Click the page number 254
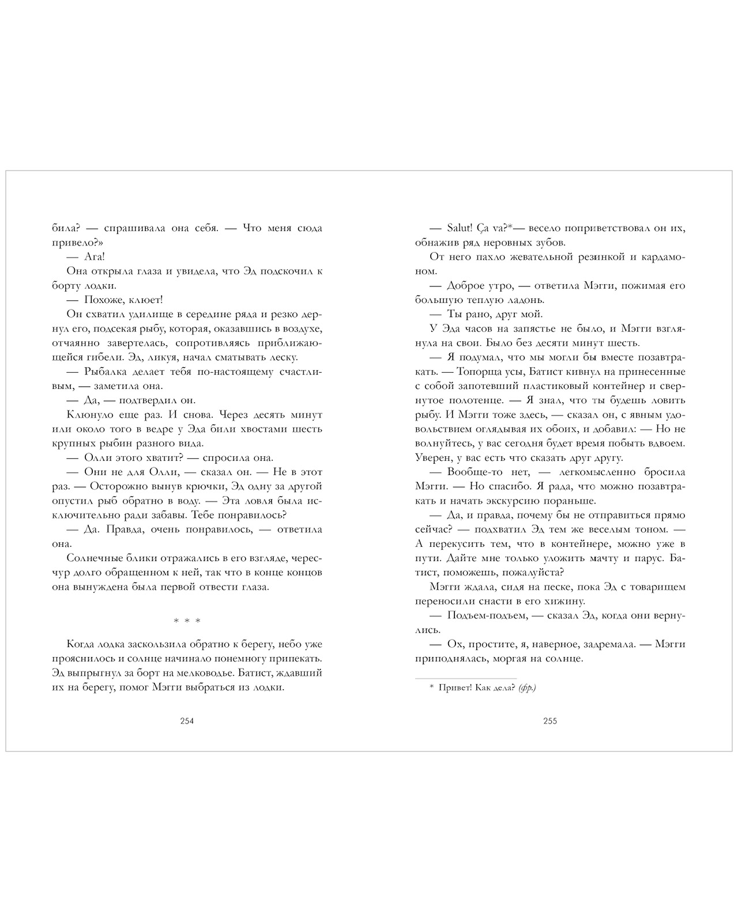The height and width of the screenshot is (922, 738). tap(187, 721)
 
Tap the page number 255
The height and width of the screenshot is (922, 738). tap(550, 721)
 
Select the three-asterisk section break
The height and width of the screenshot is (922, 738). tap(187, 621)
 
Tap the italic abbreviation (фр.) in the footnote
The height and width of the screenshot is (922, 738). tap(527, 687)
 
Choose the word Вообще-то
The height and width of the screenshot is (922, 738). tap(468, 472)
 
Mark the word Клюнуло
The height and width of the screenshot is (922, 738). tap(86, 415)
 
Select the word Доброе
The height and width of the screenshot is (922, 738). tap(464, 285)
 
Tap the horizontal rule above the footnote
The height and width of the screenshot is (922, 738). tap(466, 678)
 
